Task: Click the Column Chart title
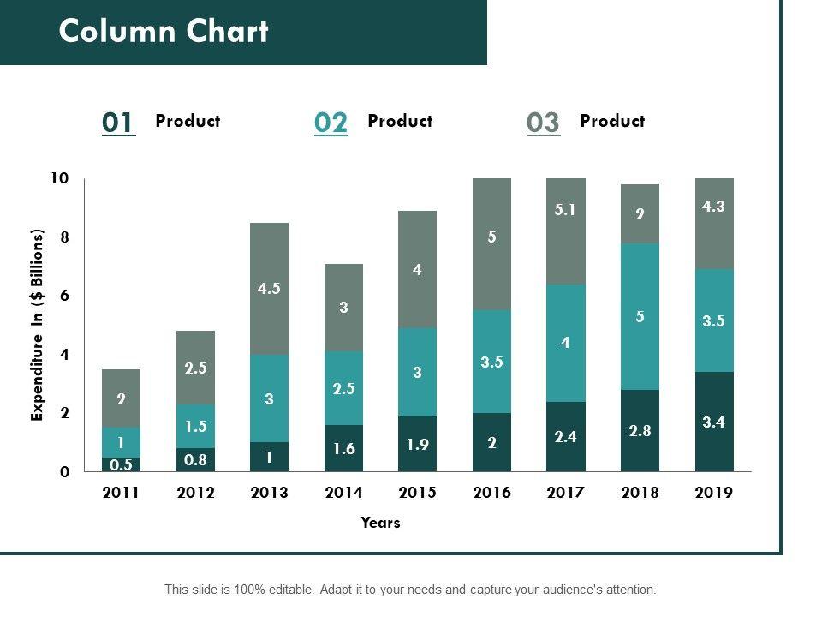click(x=164, y=32)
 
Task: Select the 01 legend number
click(x=118, y=123)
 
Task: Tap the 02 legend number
click(x=331, y=123)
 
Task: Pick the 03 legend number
click(x=543, y=123)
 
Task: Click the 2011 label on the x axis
click(x=122, y=493)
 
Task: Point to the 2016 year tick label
click(x=491, y=493)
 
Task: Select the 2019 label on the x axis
click(x=714, y=493)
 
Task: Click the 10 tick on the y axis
click(x=58, y=178)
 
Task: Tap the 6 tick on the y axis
click(x=63, y=296)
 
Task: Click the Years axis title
click(x=380, y=522)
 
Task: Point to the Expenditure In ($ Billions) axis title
click(x=37, y=325)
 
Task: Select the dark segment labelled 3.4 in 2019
click(x=714, y=422)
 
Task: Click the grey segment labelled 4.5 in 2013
click(x=269, y=289)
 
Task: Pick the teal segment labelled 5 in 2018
click(x=640, y=316)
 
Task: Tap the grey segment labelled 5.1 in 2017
click(x=565, y=231)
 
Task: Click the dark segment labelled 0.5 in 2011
click(x=122, y=464)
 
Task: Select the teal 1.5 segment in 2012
click(x=195, y=426)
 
